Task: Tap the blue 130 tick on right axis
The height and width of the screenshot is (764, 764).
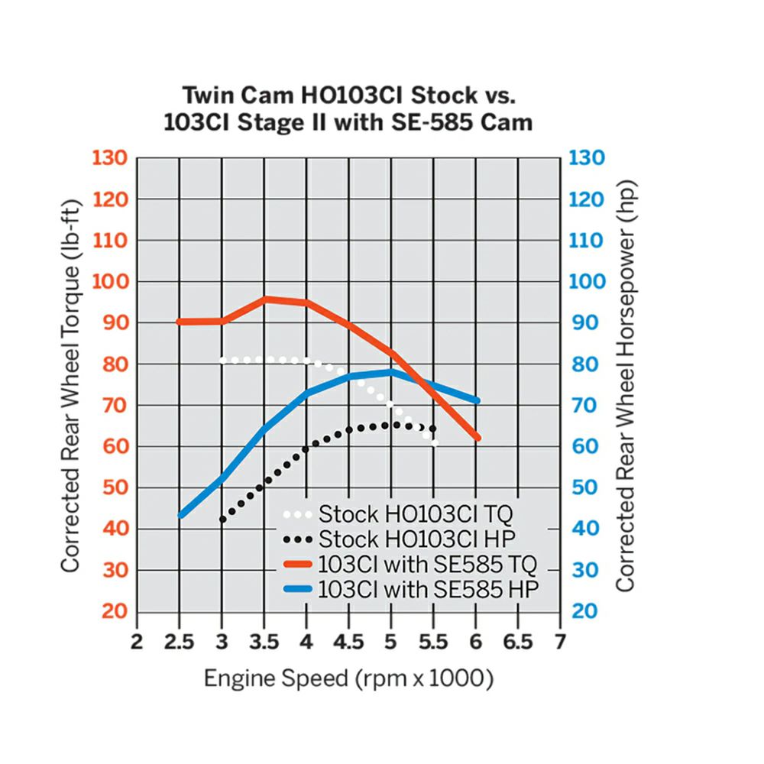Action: (588, 158)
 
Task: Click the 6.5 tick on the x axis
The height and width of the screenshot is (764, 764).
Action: (517, 642)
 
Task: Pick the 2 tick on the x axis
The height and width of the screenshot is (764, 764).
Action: (137, 642)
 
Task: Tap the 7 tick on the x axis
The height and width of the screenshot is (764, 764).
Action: (561, 642)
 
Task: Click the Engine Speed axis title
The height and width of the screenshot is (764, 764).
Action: (348, 678)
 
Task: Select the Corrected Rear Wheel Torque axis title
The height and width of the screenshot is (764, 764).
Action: (70, 384)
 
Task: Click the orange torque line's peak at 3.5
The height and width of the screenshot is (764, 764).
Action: (266, 299)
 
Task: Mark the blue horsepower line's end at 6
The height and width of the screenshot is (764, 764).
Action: (477, 400)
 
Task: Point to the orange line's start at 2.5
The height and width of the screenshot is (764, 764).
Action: (180, 322)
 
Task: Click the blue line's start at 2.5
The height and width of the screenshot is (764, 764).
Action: (180, 516)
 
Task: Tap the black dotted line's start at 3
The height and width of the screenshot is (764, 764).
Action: (222, 520)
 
